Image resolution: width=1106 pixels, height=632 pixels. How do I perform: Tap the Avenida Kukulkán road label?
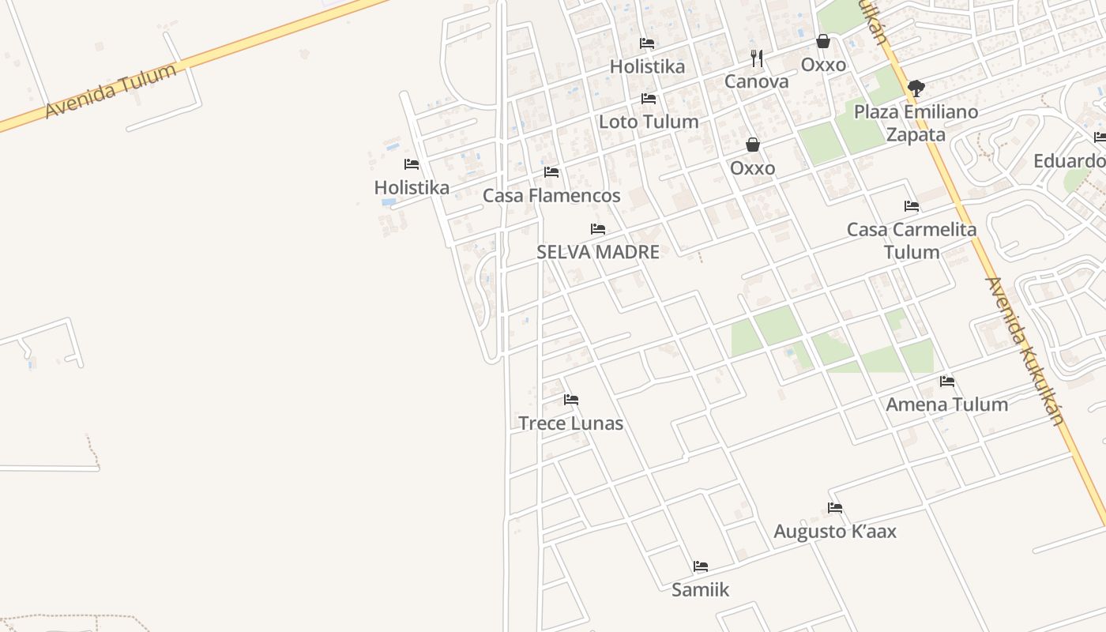(1026, 352)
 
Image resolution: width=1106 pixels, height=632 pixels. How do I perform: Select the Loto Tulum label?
(649, 122)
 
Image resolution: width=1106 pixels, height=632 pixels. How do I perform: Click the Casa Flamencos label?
(551, 195)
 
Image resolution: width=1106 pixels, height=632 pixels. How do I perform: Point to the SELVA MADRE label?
(598, 252)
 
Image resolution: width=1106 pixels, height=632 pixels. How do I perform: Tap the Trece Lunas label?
(571, 423)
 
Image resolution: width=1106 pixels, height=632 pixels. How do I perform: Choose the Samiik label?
(701, 589)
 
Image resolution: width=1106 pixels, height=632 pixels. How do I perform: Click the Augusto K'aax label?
(835, 531)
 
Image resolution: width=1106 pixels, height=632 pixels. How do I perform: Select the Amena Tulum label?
(947, 404)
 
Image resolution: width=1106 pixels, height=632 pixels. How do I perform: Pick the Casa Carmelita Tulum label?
(912, 240)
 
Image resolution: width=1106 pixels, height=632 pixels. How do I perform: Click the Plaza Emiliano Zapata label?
(916, 122)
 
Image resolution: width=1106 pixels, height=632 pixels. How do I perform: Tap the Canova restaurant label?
(757, 81)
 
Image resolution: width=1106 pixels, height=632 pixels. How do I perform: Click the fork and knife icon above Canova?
(757, 58)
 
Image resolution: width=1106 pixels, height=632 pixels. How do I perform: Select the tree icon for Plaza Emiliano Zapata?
(916, 88)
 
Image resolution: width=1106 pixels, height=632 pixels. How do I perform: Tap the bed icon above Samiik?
(701, 566)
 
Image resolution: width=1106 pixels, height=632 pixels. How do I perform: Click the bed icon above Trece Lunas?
(571, 400)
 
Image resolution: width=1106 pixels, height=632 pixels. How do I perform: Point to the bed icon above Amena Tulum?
(947, 382)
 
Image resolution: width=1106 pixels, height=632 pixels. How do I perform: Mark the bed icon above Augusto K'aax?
(835, 508)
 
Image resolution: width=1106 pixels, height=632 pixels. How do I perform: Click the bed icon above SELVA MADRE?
(598, 229)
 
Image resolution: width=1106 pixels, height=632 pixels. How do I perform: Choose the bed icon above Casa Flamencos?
(551, 172)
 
